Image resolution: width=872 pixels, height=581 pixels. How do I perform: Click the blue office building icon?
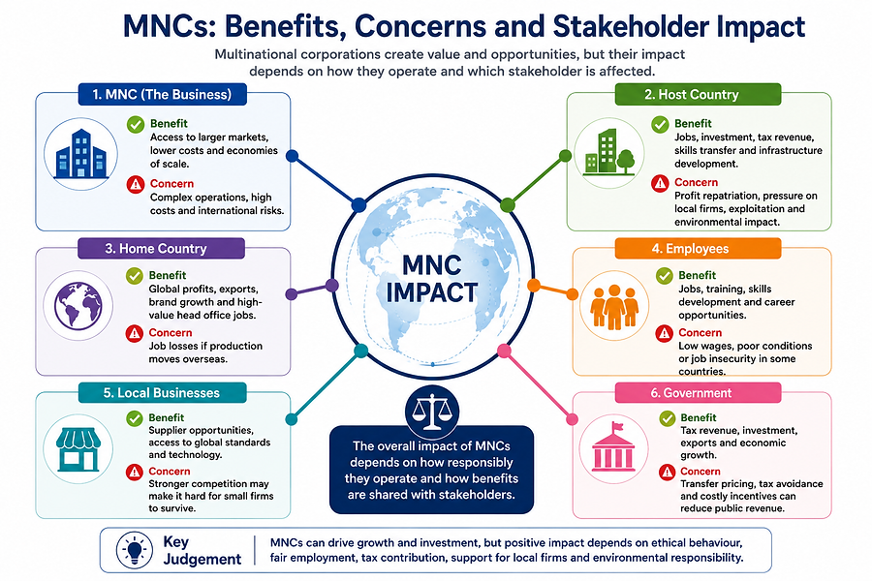point(80,154)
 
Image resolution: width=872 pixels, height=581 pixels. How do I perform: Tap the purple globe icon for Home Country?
point(78,305)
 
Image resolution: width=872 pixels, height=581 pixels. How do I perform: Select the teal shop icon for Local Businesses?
point(78,449)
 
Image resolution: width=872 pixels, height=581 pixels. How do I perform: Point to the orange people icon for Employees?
point(614,307)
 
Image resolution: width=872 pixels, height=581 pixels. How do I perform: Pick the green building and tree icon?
point(609,152)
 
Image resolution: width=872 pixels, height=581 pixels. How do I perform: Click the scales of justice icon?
point(431,412)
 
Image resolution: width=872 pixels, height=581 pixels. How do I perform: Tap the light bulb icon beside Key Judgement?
point(135,550)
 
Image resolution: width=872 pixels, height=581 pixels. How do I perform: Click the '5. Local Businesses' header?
point(162,392)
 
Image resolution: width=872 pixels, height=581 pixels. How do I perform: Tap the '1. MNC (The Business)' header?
point(162,94)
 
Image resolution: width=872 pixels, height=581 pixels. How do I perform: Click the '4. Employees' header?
point(698,249)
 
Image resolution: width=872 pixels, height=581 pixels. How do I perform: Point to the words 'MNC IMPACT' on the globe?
point(432,279)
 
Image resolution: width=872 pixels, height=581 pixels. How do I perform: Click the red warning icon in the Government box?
point(667,472)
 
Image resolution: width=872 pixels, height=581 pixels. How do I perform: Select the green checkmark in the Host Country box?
point(660,125)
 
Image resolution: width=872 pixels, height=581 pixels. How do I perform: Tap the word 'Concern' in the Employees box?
point(701,332)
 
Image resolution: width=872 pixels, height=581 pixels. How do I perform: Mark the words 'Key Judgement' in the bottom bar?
point(202,550)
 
